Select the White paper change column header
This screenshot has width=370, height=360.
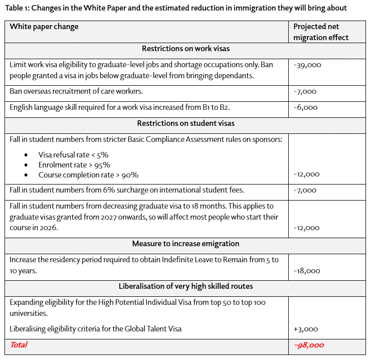pos(44,27)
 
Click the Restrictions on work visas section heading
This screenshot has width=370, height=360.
pos(186,49)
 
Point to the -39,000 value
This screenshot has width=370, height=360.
pos(307,65)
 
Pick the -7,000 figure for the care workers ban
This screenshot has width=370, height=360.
pos(305,92)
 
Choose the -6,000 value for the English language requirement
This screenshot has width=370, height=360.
pos(305,107)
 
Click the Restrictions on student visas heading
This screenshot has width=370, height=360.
pos(186,123)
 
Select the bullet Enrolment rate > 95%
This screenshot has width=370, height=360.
pos(74,165)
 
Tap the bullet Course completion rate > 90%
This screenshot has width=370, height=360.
pos(88,175)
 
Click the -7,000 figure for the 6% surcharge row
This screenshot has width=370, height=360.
pos(305,190)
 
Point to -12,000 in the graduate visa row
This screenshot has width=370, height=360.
pos(307,228)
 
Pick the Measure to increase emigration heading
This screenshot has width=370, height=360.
pos(186,244)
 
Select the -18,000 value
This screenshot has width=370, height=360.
pos(307,271)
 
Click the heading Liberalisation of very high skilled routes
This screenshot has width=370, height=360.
pos(186,286)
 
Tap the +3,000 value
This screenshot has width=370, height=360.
pos(305,329)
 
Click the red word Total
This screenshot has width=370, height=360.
pos(19,345)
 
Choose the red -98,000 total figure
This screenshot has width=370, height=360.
pos(309,345)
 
